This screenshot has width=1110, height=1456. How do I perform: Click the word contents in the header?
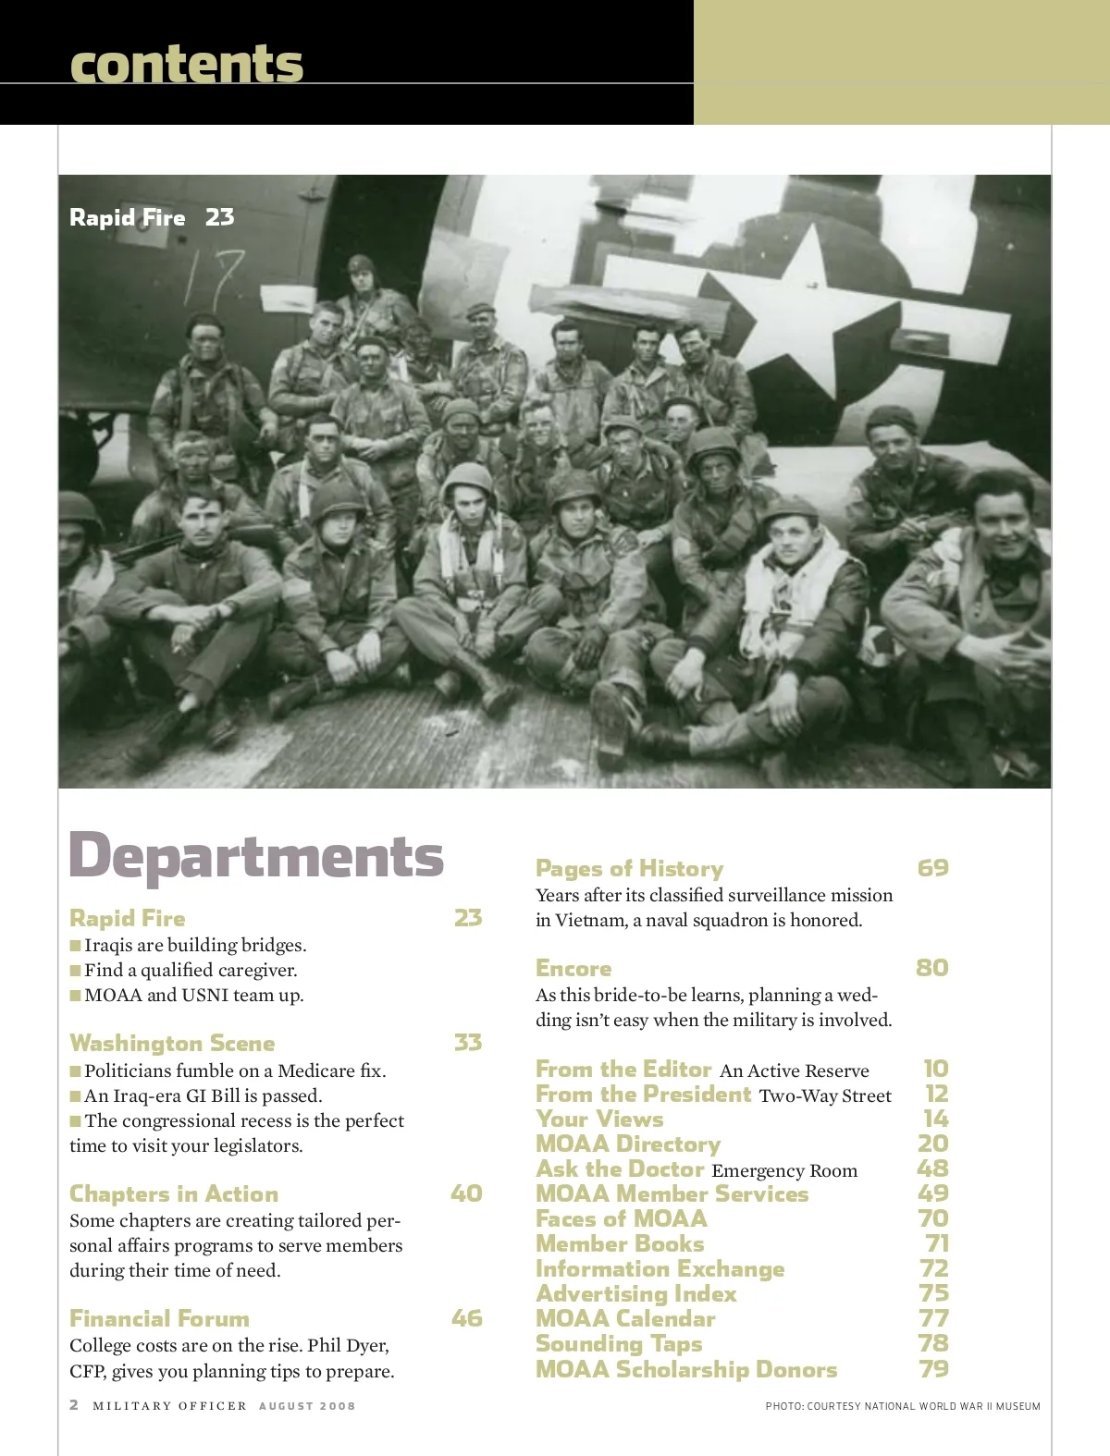186,64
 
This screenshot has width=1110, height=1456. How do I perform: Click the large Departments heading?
256,856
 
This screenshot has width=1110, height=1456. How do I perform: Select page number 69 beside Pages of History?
932,868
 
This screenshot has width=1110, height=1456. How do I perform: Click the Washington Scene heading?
172,1043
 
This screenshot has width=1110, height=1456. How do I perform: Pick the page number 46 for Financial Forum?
467,1318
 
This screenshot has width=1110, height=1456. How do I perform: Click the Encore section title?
573,968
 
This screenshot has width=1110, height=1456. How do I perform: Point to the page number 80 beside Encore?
932,968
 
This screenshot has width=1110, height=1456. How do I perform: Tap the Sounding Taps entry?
619,1343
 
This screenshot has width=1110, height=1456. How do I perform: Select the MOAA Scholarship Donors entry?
686,1369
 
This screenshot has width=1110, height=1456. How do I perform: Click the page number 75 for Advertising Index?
933,1293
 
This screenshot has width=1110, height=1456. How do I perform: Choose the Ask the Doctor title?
620,1168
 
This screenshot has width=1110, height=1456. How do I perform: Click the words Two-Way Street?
825,1095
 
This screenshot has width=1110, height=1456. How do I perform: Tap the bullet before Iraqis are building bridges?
75,945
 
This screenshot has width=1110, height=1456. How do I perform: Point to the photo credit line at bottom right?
903,1406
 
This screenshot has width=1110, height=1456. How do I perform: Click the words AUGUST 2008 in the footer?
307,1406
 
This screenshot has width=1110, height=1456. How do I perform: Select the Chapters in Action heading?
174,1193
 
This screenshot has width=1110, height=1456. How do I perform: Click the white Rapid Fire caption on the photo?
128,217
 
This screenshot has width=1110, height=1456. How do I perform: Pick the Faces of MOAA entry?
622,1218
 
